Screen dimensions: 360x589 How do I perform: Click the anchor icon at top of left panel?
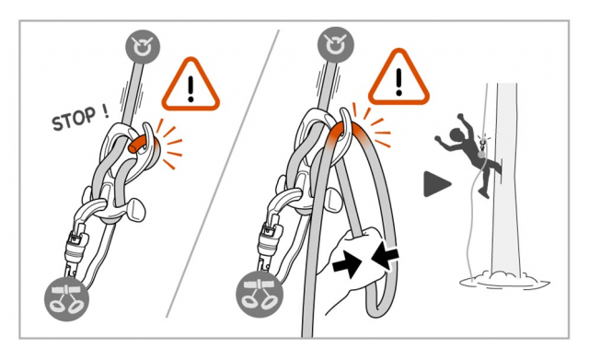pyautogui.click(x=144, y=45)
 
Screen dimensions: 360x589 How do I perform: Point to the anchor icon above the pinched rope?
pyautogui.click(x=333, y=45)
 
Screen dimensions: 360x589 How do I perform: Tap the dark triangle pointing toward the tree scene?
pyautogui.click(x=435, y=184)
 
